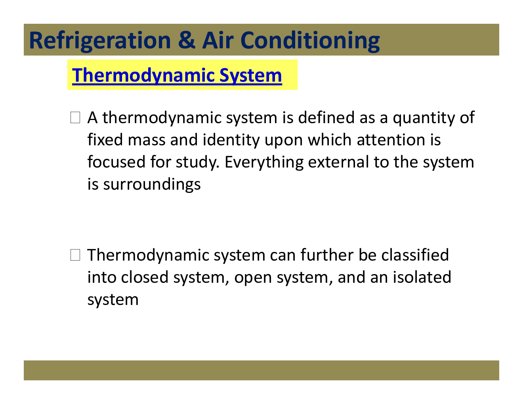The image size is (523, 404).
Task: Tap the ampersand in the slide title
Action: point(186,40)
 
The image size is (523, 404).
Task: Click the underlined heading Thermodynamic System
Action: point(177,75)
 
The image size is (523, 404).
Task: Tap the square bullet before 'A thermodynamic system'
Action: point(75,118)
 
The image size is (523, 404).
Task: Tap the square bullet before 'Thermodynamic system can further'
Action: point(75,255)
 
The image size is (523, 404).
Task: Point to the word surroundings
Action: point(152,185)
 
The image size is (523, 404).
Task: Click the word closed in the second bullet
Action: point(145,277)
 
